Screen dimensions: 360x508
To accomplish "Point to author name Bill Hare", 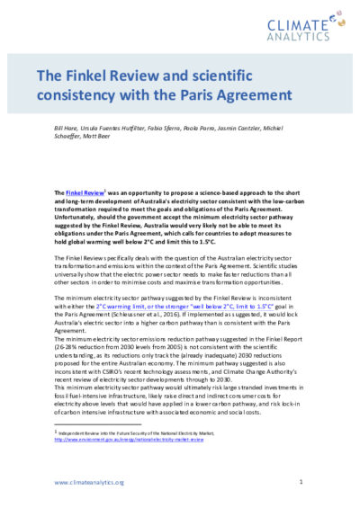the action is [x=68, y=131].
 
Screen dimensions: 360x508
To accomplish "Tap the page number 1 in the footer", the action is [x=301, y=484].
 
